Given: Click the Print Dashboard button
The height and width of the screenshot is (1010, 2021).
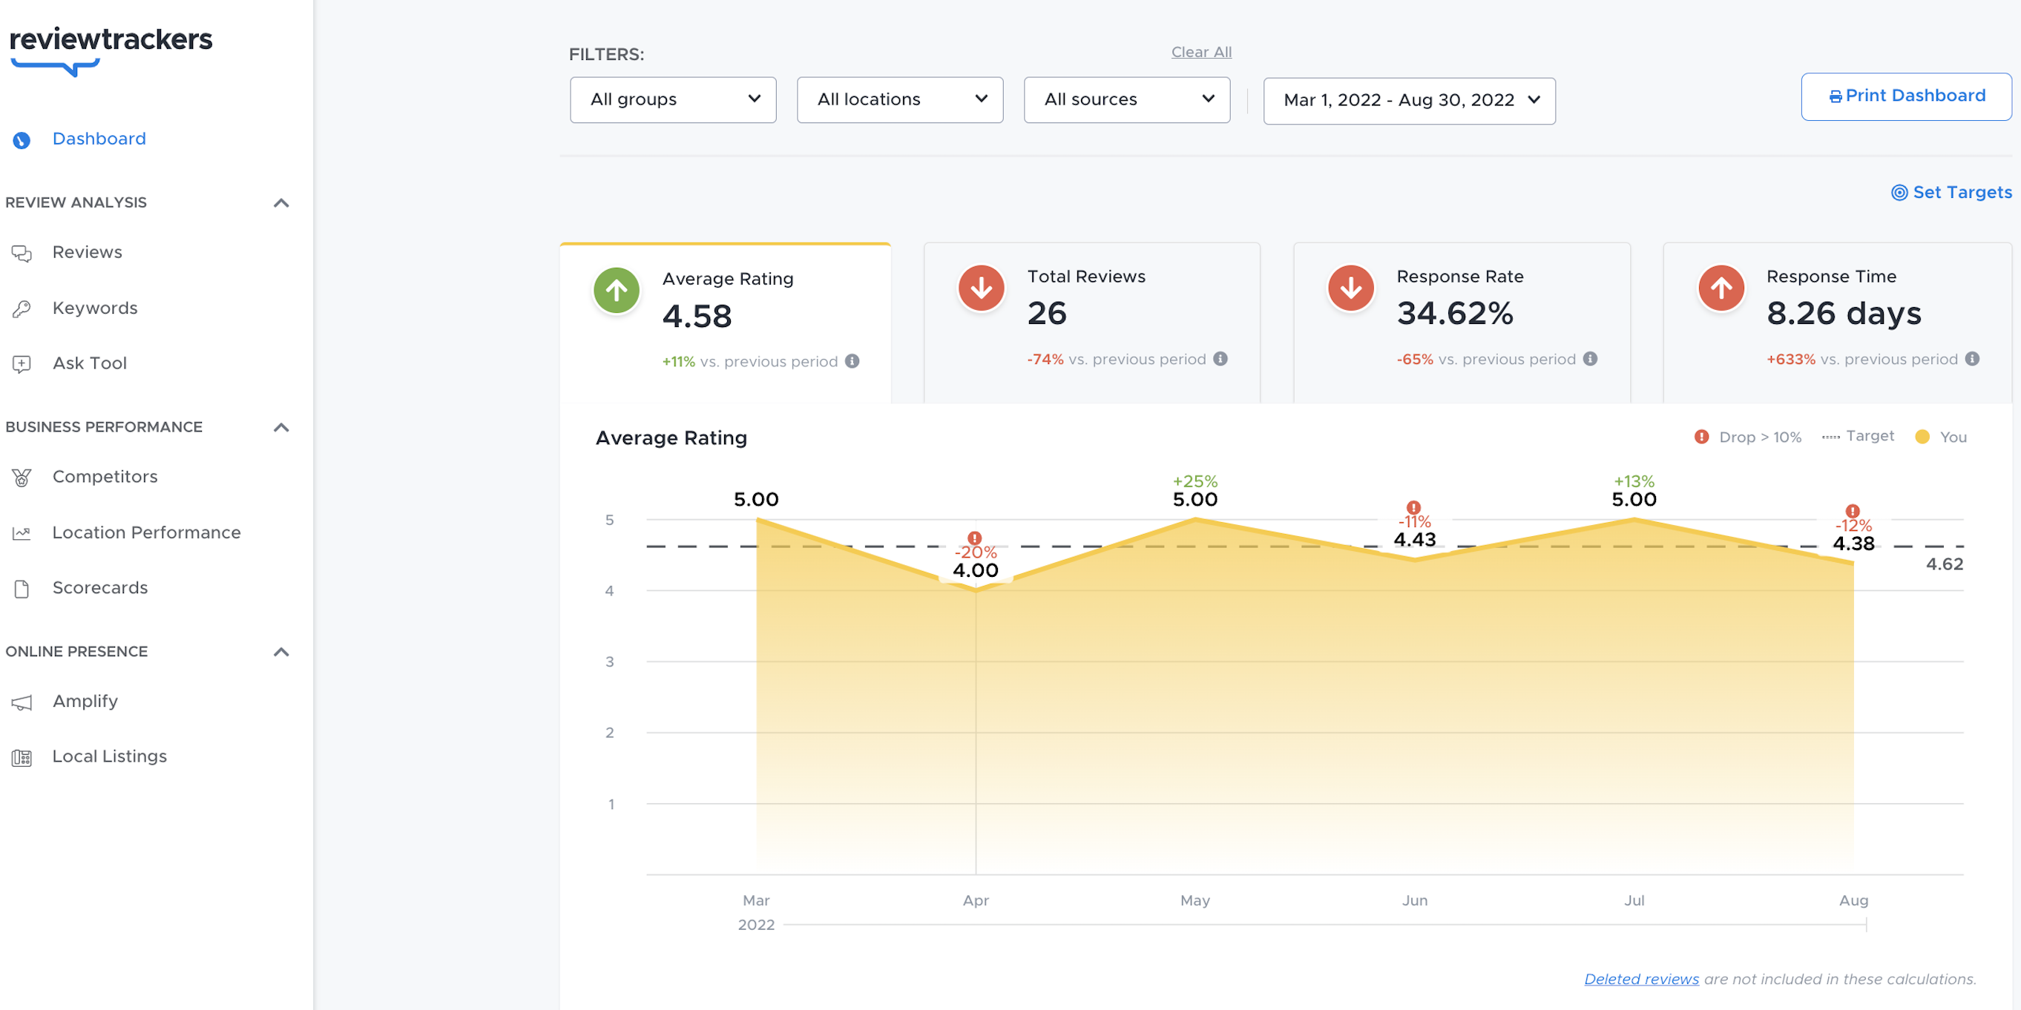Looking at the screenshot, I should (x=1906, y=96).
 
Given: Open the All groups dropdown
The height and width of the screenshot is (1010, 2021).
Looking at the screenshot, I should (x=672, y=99).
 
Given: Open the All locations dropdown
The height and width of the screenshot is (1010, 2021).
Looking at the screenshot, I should (x=899, y=99).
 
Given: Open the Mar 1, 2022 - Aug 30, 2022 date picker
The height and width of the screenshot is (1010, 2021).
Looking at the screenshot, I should (x=1408, y=99).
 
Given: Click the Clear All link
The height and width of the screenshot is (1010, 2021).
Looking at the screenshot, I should (x=1200, y=52).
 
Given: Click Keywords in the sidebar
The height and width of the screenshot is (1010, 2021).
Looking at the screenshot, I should (x=94, y=308).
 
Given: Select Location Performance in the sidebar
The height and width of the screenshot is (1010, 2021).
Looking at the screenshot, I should (x=146, y=532).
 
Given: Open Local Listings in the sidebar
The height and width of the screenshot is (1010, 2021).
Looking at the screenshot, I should (x=109, y=755).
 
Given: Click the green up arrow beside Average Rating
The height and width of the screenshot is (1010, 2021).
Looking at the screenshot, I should (x=616, y=290).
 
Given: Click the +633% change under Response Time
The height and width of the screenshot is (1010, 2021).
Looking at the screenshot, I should (x=1790, y=359).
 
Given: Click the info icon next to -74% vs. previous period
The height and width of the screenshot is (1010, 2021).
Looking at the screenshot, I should (x=1220, y=358).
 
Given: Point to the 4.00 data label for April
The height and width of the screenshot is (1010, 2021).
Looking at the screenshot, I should (x=974, y=570).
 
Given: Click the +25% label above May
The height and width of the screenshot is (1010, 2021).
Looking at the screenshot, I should (x=1194, y=480).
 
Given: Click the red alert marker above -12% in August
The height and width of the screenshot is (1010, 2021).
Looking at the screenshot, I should (x=1852, y=510).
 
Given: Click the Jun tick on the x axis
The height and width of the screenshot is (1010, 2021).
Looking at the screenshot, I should (x=1414, y=900).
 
